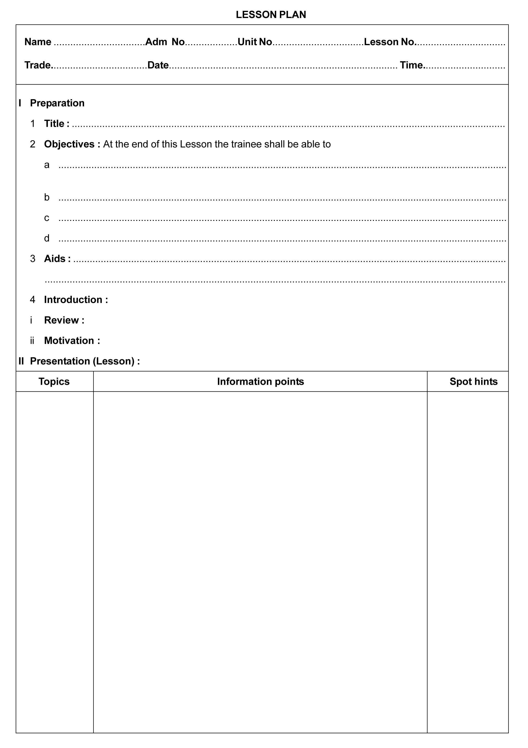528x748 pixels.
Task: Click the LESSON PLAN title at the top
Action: tap(271, 15)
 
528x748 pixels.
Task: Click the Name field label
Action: tap(38, 42)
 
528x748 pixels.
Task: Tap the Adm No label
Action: tap(165, 42)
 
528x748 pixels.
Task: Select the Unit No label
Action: tap(255, 42)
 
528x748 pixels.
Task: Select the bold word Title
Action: tap(55, 124)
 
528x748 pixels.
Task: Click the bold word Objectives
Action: tap(69, 144)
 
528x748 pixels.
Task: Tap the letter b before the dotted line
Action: tap(47, 197)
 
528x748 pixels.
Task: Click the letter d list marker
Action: tap(47, 238)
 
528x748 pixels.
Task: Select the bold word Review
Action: tap(61, 320)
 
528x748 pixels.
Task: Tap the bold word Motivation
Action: tap(69, 341)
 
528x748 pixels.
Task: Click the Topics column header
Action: tap(54, 382)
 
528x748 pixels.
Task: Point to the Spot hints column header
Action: tap(473, 382)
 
